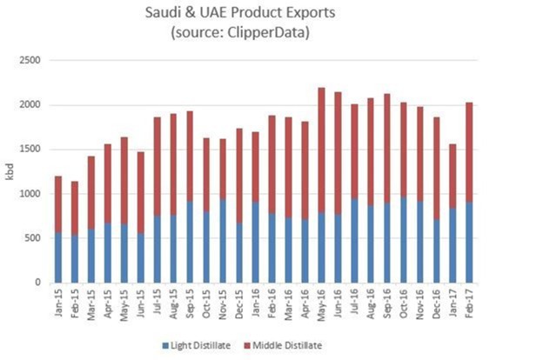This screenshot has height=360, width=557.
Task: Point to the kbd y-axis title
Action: point(11,171)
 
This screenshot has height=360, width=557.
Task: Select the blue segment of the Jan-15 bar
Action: point(57,257)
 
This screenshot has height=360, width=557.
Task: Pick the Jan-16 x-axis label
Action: point(257,302)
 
